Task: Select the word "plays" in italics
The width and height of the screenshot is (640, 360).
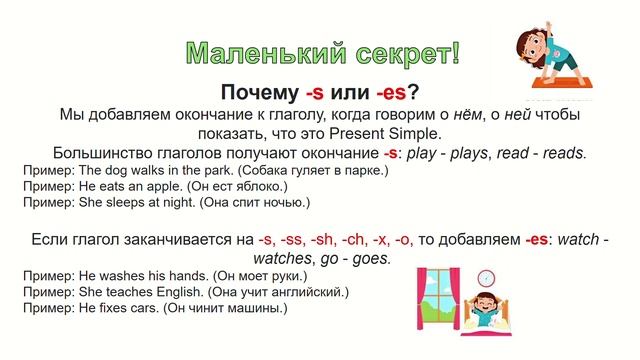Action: pos(476,154)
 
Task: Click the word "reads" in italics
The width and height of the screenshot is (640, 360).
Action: pos(562,154)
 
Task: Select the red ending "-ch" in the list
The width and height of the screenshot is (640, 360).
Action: pos(356,239)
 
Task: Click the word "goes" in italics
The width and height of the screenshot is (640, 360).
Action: pos(368,258)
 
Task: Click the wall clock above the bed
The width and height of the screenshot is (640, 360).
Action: pos(486,277)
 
